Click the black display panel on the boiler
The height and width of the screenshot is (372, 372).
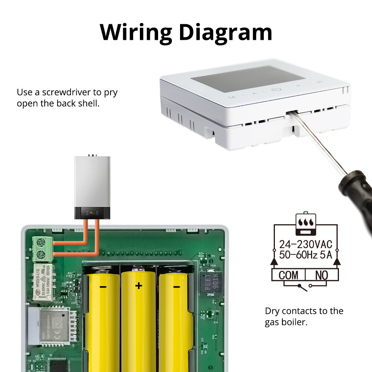(x=93, y=213)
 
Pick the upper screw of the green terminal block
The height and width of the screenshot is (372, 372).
(x=41, y=243)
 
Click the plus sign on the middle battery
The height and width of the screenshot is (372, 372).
(x=138, y=286)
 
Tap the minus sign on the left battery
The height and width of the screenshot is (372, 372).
(x=103, y=287)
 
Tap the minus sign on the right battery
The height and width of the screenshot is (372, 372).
(x=176, y=287)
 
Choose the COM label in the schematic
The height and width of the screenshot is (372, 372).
(x=288, y=275)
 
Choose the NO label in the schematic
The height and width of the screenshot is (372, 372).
(x=321, y=275)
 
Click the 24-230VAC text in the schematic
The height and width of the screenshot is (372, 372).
(x=305, y=245)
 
